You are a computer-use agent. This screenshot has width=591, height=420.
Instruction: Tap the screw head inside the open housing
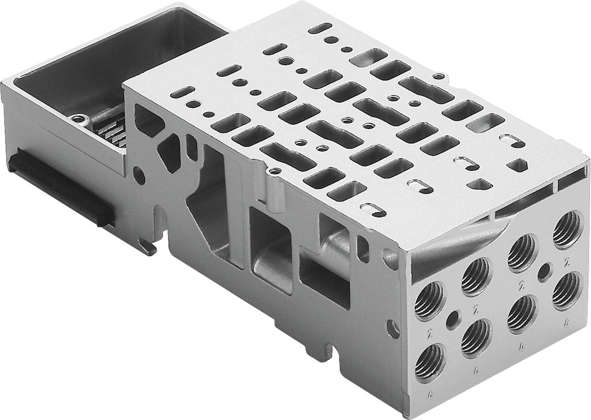(80, 119)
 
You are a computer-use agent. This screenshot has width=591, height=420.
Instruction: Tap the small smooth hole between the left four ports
(454, 317)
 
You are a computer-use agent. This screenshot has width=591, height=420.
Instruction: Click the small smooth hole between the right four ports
(544, 272)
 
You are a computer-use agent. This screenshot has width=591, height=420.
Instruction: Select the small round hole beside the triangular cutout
(139, 175)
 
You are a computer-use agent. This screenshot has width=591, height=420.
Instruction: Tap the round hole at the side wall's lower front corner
(393, 329)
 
